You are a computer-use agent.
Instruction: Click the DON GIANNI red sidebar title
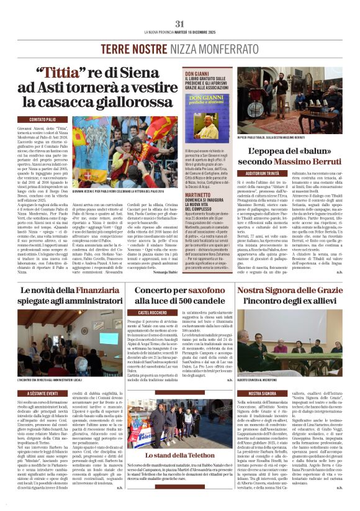pos(194,73)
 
